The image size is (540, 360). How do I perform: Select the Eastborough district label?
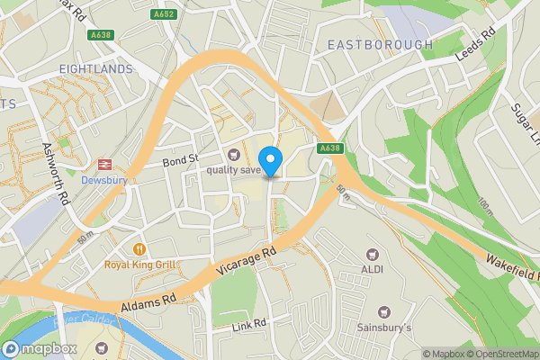pos(380,44)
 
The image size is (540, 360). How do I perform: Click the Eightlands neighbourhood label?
pos(95,68)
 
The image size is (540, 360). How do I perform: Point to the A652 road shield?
pos(163,13)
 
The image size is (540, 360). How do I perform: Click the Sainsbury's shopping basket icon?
pos(383,310)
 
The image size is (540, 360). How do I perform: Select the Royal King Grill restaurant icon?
pos(139,248)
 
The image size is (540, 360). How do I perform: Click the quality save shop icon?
pos(235,154)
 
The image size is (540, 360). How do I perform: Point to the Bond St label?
pos(179,161)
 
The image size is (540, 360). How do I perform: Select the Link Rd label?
pos(247,324)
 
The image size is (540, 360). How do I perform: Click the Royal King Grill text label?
pos(139,265)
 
